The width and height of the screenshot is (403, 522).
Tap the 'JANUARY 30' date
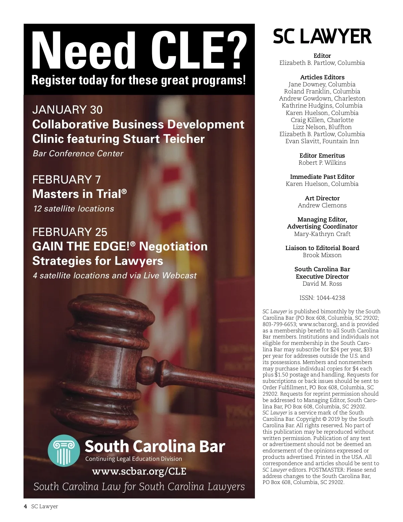[x=67, y=110]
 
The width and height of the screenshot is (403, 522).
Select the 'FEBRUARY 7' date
[x=66, y=180]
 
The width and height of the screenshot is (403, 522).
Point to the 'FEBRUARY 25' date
[x=70, y=232]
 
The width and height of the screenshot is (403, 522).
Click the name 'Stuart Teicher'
[x=164, y=139]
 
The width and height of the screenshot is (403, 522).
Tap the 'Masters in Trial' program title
[x=77, y=194]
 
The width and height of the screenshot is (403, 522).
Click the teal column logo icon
[x=63, y=451]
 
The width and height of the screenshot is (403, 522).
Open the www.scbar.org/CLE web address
[x=139, y=471]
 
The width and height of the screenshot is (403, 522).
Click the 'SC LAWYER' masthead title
[x=322, y=37]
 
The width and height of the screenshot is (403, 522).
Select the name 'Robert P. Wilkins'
[x=322, y=163]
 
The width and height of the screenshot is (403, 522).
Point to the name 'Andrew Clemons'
[x=322, y=205]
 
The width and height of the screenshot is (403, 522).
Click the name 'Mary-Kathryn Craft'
[x=322, y=234]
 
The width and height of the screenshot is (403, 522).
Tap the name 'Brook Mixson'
[x=322, y=255]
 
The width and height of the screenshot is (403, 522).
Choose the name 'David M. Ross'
[x=322, y=284]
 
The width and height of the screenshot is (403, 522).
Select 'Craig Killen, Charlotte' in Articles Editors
[x=322, y=120]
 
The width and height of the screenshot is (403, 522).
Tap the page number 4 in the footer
[x=26, y=507]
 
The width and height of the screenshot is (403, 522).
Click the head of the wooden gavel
[x=101, y=356]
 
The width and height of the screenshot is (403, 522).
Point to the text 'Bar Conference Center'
[x=78, y=154]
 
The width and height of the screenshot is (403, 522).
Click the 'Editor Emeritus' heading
[x=322, y=156]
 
